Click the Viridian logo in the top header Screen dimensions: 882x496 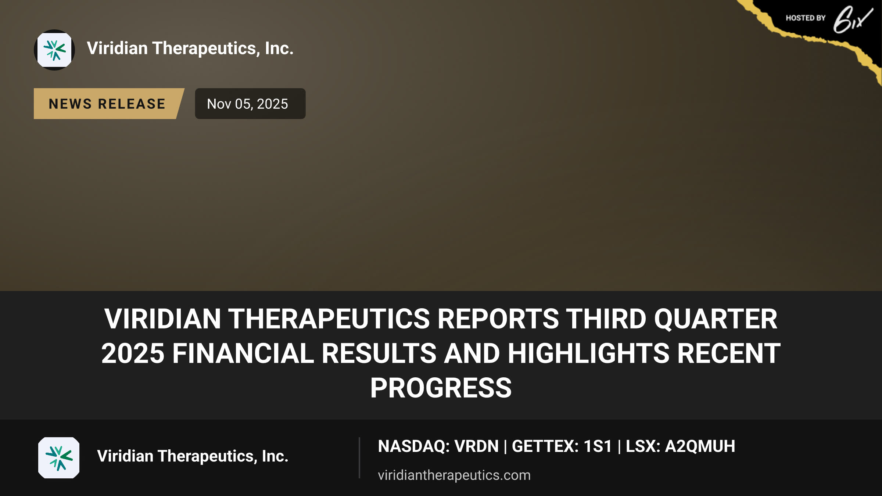click(54, 50)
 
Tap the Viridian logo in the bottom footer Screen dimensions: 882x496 click(59, 458)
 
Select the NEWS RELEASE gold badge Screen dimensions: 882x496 click(109, 104)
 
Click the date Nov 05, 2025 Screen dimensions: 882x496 click(248, 104)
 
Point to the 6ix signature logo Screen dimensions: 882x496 click(853, 19)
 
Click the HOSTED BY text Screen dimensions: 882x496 click(806, 18)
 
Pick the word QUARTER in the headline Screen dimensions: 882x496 click(716, 319)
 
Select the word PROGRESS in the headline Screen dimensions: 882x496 click(441, 388)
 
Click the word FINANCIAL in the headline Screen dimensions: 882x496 click(243, 353)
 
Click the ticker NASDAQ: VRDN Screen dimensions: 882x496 click(438, 446)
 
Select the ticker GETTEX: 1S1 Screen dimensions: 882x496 click(562, 446)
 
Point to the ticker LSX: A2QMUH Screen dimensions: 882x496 click(681, 446)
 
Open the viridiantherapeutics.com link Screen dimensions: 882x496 click(454, 475)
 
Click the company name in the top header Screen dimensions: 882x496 click(190, 48)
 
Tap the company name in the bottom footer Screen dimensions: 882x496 click(193, 456)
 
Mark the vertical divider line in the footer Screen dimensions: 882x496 click(359, 458)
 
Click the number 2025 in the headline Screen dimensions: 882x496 click(133, 353)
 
